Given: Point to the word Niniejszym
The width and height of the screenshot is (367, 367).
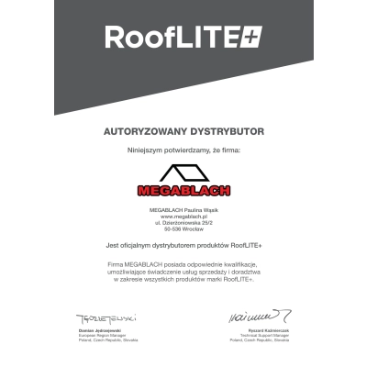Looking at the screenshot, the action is [x=146, y=149].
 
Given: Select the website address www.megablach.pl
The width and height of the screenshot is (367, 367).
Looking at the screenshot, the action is [x=183, y=216].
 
